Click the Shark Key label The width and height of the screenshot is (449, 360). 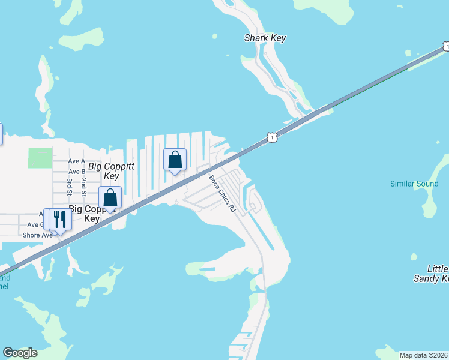coord(265,38)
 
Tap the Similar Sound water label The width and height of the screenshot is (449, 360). coord(414,184)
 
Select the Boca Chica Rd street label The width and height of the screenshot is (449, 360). coord(221,194)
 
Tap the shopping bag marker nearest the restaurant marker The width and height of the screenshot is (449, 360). coord(110,197)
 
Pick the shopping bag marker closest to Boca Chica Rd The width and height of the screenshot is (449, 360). coord(175,160)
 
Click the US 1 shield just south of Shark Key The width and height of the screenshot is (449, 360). coord(273,137)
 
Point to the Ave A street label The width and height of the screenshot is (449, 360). coord(77,161)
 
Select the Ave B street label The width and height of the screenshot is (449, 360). coord(77,172)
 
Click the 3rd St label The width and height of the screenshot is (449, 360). coord(70,187)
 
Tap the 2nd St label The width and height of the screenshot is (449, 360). coord(84,187)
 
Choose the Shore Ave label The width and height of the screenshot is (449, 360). coord(38,235)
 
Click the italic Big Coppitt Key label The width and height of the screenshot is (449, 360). coord(111,171)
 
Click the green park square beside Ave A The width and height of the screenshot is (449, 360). coord(40,158)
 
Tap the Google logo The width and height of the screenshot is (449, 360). coord(20,353)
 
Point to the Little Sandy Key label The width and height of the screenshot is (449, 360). coord(431,274)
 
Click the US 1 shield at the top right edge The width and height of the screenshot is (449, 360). coord(445,46)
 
